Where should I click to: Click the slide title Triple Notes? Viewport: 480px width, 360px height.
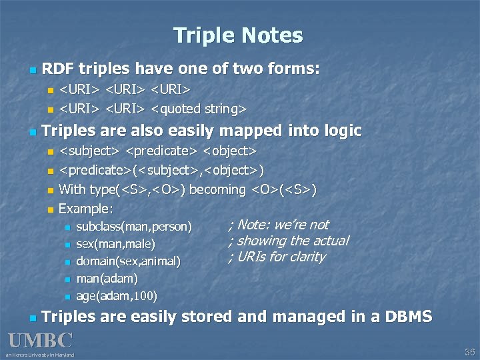tap(238, 35)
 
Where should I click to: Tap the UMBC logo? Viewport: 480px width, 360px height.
tap(40, 340)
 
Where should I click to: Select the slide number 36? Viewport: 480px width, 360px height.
tap(469, 352)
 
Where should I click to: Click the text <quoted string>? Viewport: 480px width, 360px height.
tap(199, 108)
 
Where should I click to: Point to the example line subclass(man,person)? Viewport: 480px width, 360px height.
tap(134, 227)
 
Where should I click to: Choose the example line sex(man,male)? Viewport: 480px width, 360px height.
tap(115, 244)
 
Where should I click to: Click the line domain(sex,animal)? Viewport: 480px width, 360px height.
tap(128, 261)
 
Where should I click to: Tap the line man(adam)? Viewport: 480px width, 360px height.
tap(107, 277)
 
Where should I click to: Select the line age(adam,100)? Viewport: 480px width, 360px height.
tap(117, 294)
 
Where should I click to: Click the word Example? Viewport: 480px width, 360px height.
tap(86, 209)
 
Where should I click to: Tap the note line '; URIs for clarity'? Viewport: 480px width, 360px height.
tap(277, 257)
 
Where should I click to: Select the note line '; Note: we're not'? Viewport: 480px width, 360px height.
tap(279, 225)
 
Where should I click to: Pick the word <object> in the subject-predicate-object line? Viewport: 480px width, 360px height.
tap(231, 151)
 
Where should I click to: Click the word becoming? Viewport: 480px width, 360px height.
tap(217, 189)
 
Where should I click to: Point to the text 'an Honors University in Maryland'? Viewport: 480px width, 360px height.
tap(40, 354)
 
